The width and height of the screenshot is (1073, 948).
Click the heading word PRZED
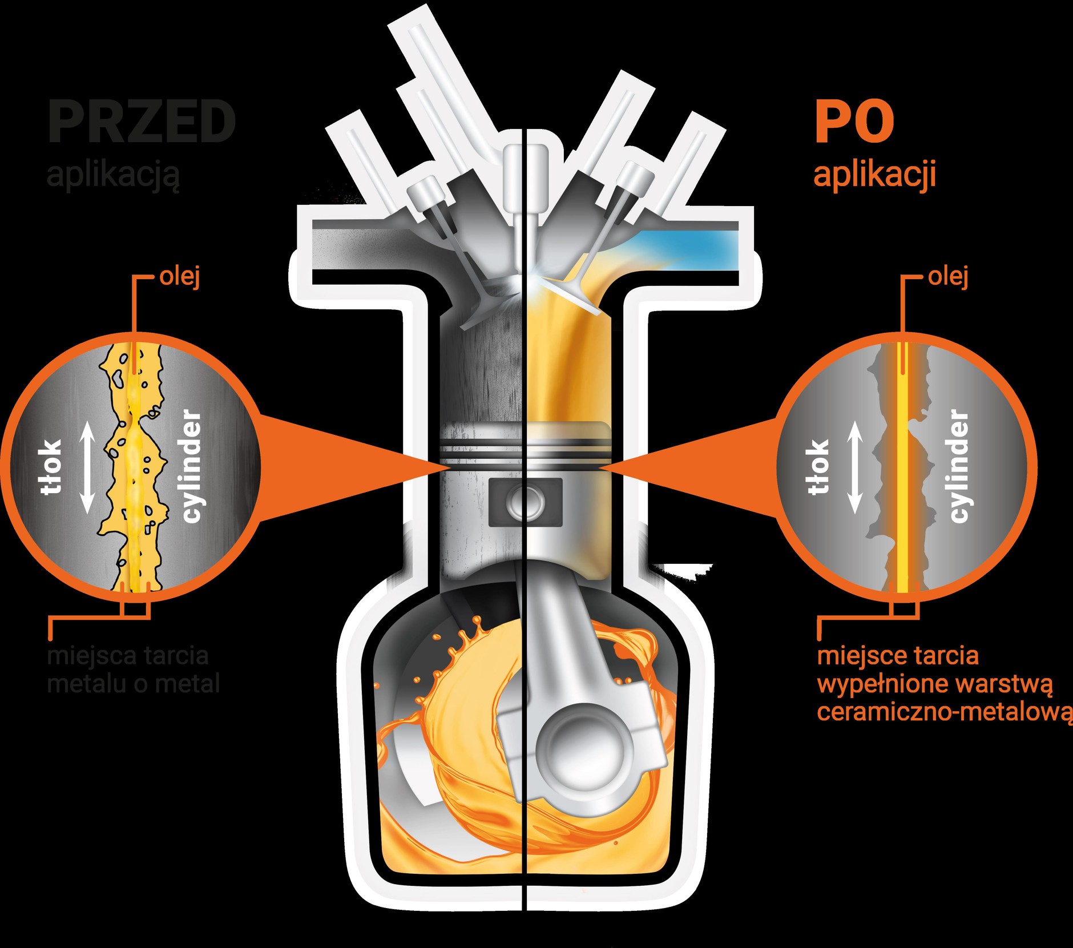pos(142,122)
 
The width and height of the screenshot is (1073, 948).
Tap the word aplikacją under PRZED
pos(113,175)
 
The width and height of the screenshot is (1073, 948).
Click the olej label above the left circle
pos(180,277)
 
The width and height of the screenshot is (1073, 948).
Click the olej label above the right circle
pos(948,277)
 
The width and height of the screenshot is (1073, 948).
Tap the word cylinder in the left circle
pos(192,466)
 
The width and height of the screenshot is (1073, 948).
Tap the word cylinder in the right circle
pos(959,466)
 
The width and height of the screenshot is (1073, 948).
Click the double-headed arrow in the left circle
pos(87,468)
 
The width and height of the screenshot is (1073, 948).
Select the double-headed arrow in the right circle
pos(854,468)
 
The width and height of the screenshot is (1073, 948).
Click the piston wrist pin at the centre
pos(525,502)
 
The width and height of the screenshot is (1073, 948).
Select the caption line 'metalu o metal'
pos(133,684)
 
